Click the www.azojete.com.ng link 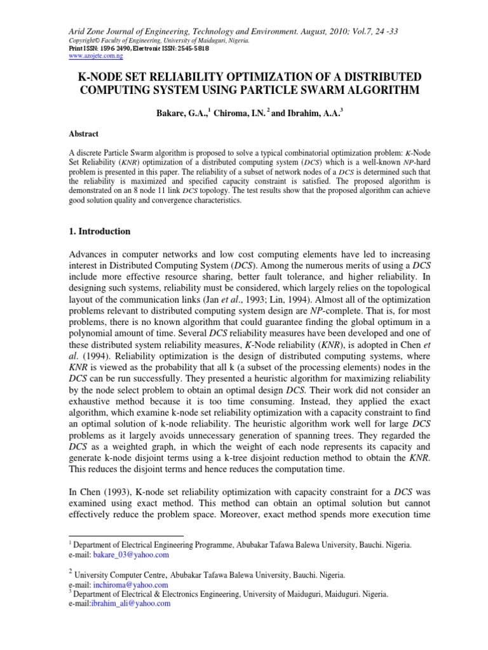point(95,55)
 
